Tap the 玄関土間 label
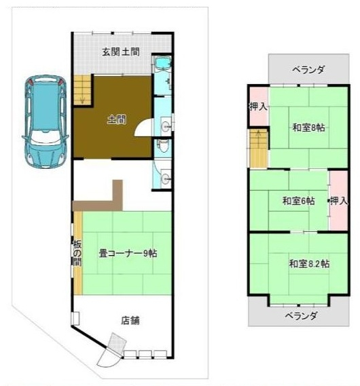[x=121, y=52]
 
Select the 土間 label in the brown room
[x=116, y=120]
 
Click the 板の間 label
[x=77, y=253]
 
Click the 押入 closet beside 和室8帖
[x=257, y=107]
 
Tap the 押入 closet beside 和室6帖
[x=338, y=201]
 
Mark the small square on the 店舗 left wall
[x=75, y=317]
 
